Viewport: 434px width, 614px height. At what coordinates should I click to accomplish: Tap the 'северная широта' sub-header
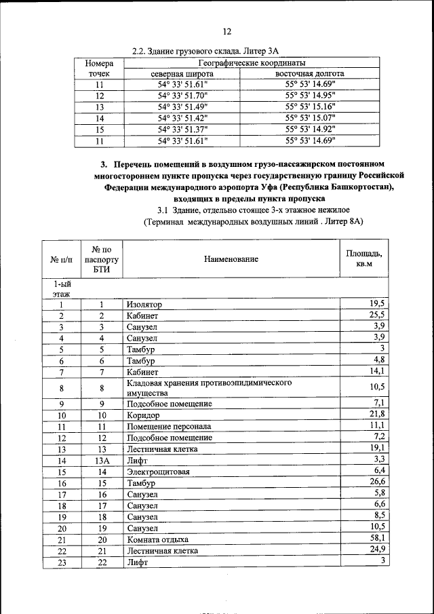[x=182, y=73]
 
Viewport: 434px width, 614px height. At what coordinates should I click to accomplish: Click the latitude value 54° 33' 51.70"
[x=182, y=96]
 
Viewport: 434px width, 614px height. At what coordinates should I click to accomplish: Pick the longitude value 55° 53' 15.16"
[x=310, y=107]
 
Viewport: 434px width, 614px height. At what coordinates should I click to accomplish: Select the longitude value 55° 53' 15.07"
[x=310, y=118]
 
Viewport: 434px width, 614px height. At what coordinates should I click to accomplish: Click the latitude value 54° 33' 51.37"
[x=182, y=130]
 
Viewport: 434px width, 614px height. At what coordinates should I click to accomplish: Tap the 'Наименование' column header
[x=231, y=259]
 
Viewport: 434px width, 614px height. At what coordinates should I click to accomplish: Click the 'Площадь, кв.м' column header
[x=364, y=258]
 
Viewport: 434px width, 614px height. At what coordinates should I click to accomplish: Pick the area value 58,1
[x=377, y=538]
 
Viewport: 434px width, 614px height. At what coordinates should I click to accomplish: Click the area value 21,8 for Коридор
[x=377, y=414]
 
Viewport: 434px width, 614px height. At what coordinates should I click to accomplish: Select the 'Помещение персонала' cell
[x=169, y=427]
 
